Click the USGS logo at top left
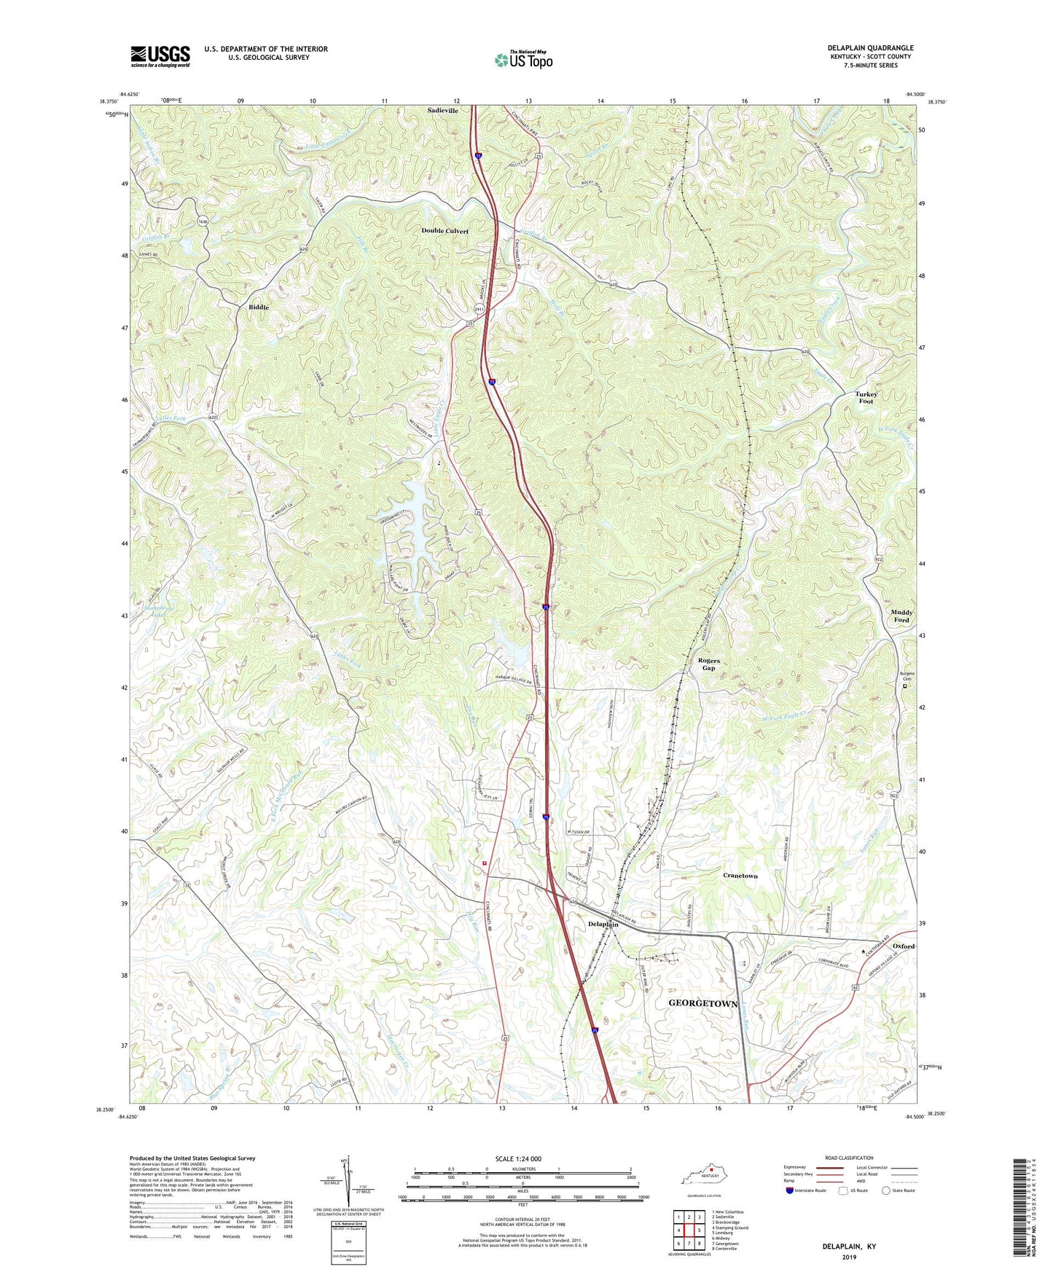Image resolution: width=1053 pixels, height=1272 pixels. pyautogui.click(x=160, y=55)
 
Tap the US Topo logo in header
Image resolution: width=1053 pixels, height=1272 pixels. pyautogui.click(x=522, y=59)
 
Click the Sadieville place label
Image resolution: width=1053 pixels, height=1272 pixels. pyautogui.click(x=442, y=111)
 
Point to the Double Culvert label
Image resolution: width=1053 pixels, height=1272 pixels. pyautogui.click(x=445, y=231)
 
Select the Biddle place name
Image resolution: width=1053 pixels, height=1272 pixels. pyautogui.click(x=258, y=307)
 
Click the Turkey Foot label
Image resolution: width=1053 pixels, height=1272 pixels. pyautogui.click(x=866, y=398)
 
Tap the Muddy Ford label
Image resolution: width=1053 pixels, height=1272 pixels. pyautogui.click(x=901, y=616)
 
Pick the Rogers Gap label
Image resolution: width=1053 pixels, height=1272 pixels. pyautogui.click(x=708, y=664)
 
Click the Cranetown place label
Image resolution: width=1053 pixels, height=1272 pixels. pyautogui.click(x=740, y=876)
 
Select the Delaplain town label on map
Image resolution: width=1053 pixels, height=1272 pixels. pyautogui.click(x=603, y=924)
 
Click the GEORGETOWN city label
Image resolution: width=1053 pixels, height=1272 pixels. pyautogui.click(x=703, y=1003)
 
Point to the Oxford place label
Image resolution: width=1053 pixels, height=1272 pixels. pyautogui.click(x=903, y=946)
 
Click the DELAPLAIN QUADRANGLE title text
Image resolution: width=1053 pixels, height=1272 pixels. pyautogui.click(x=870, y=48)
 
